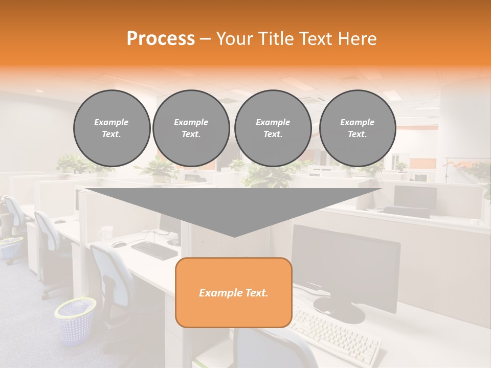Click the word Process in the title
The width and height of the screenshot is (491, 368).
[x=161, y=39]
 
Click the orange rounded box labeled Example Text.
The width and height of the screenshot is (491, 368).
[x=234, y=292]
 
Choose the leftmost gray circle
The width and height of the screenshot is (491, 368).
[x=111, y=128]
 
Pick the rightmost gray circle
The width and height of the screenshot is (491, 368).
[x=357, y=128]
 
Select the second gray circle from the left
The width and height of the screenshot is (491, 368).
[x=191, y=128]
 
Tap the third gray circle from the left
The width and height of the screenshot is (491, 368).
[x=273, y=128]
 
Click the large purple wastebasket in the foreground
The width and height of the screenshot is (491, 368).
[x=76, y=321]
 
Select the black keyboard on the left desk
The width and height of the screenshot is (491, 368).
[x=154, y=250]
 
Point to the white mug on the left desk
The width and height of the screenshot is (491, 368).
[x=106, y=233]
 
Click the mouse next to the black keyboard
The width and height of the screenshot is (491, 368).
[x=119, y=244]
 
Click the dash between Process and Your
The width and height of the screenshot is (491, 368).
[x=206, y=39]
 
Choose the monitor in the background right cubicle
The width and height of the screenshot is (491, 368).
[x=415, y=197]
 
